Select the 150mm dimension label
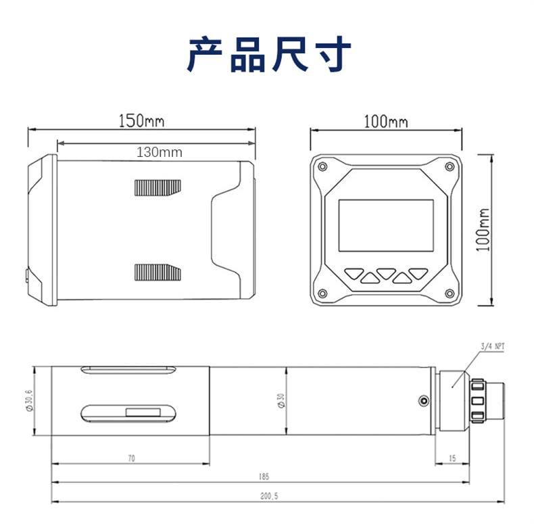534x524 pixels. pyautogui.click(x=141, y=122)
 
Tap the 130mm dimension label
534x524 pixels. pyautogui.click(x=160, y=152)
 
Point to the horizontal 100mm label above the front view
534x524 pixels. pyautogui.click(x=386, y=122)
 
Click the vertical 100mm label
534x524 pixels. pyautogui.click(x=483, y=230)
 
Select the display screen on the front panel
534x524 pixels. pyautogui.click(x=385, y=226)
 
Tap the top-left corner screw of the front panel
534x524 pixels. pyautogui.click(x=322, y=167)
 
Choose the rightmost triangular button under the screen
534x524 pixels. pyautogui.click(x=418, y=273)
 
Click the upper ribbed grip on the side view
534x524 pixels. pyautogui.click(x=158, y=187)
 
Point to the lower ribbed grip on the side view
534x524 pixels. pyautogui.click(x=158, y=272)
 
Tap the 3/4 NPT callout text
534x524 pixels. pyautogui.click(x=492, y=346)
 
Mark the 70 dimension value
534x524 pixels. pyautogui.click(x=131, y=458)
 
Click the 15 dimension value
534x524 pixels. pyautogui.click(x=452, y=458)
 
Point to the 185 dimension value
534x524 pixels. pyautogui.click(x=264, y=477)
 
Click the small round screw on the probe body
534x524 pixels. pyautogui.click(x=423, y=401)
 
